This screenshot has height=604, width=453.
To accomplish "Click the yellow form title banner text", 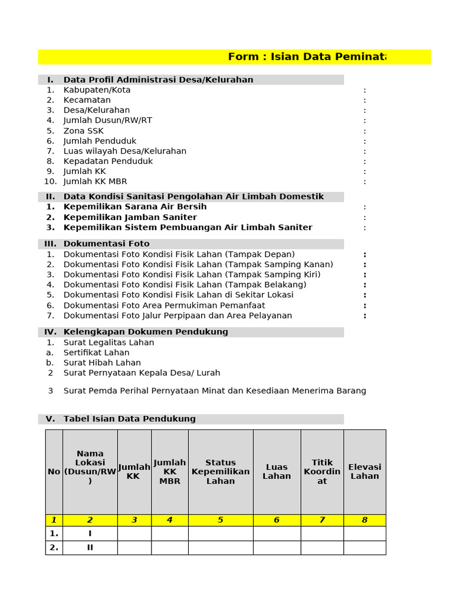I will (307, 57).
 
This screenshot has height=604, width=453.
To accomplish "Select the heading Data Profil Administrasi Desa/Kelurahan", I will (158, 80).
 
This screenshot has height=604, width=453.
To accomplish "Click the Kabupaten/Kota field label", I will (97, 90).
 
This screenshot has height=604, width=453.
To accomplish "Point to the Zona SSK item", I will (83, 130).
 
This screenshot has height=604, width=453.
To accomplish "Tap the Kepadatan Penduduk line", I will (108, 161).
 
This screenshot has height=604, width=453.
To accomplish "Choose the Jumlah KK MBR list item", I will (95, 181).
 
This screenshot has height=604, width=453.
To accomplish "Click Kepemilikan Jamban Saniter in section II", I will (130, 217).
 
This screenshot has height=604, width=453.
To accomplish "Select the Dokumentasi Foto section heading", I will (106, 244).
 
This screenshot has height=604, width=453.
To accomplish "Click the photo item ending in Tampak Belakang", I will (185, 284).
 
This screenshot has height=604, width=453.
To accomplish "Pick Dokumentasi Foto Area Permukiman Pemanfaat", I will (164, 305).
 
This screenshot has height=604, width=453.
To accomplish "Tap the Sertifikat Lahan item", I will (96, 352).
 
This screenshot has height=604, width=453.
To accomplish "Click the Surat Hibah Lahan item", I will (102, 362).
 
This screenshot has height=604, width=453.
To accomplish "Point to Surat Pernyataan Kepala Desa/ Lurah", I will (142, 372).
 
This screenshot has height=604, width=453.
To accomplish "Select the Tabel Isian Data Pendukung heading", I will (129, 419).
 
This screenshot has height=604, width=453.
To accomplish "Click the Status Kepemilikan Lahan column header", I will (221, 472).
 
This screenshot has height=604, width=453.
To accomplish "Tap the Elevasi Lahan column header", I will (365, 471).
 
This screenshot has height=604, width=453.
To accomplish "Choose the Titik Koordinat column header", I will (322, 472).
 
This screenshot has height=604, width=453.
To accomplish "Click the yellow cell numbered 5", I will (221, 520).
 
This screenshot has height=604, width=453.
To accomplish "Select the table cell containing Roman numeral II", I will (90, 547).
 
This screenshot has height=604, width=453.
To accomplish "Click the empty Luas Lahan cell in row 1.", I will (277, 533).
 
